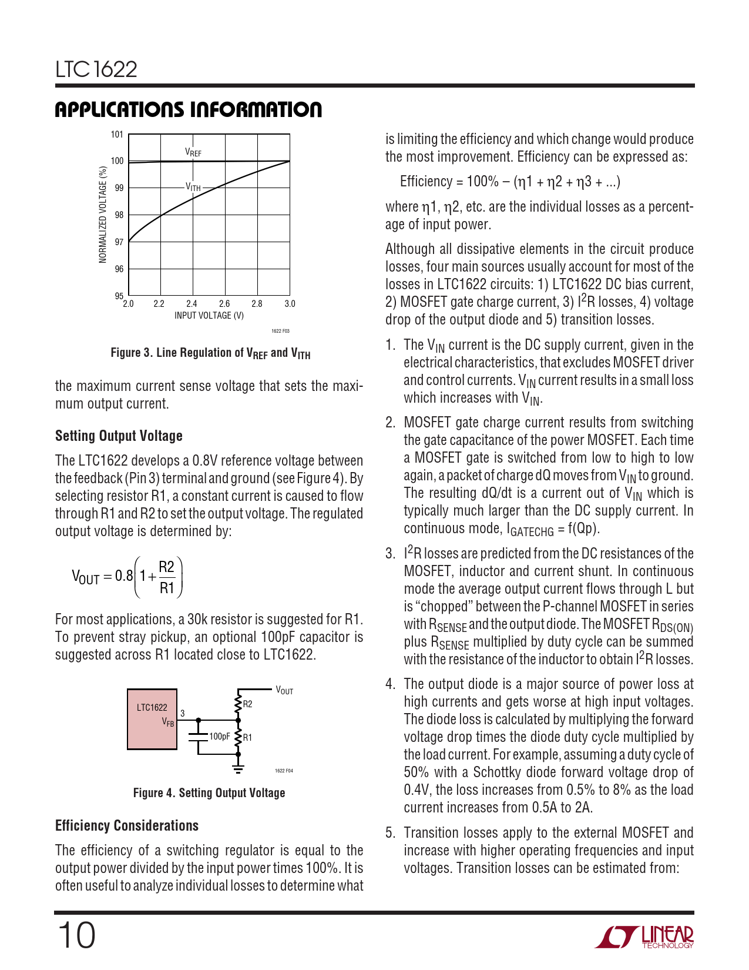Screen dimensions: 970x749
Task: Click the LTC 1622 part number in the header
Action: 96,69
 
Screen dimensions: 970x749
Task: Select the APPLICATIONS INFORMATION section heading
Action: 188,110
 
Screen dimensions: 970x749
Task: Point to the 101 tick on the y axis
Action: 117,135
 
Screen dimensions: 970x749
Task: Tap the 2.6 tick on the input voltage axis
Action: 224,304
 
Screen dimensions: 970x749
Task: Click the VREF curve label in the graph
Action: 193,152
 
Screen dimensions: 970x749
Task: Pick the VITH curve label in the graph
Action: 193,187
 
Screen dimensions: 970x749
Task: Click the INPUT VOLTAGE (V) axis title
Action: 209,316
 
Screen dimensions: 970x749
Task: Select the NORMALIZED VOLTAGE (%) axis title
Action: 103,215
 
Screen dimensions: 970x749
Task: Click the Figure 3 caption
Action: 210,353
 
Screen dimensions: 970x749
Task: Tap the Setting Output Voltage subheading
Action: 119,436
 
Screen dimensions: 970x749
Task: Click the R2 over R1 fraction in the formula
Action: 167,577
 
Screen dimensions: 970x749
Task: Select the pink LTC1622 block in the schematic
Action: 152,719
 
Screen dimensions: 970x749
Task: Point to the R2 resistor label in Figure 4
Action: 248,704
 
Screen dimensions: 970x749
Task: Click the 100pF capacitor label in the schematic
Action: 220,736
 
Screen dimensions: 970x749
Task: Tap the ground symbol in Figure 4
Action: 238,767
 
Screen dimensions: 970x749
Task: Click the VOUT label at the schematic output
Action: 284,691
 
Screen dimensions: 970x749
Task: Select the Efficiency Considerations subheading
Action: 127,825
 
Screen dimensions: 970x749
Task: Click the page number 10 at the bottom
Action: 76,935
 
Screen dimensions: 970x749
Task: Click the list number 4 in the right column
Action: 390,684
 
